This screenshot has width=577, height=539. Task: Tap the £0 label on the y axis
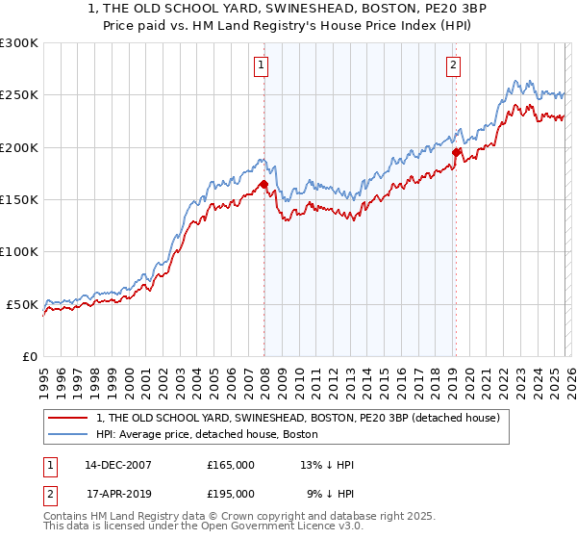coord(31,356)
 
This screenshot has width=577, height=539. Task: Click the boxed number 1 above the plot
coord(261,65)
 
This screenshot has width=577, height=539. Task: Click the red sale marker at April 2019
coord(457,152)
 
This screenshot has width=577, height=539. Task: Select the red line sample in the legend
coord(68,419)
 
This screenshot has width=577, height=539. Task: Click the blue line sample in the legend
coord(68,436)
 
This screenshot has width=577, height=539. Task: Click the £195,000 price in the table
coord(231,496)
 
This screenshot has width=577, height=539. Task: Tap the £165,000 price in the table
coord(231,465)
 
